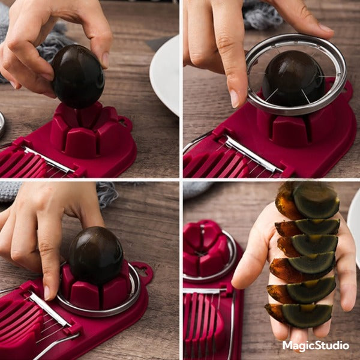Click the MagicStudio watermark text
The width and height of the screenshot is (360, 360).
click(316, 346)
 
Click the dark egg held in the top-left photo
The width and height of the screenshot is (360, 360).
click(78, 76)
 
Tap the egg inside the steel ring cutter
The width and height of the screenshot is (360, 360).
click(293, 79)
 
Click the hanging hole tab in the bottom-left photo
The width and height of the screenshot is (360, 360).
click(143, 271)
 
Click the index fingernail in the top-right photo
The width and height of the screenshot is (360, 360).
click(235, 98)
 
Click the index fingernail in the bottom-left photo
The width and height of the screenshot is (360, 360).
click(47, 293)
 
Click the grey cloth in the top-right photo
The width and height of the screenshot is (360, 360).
click(263, 15)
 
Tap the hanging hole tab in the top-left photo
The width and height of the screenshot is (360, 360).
click(125, 123)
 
